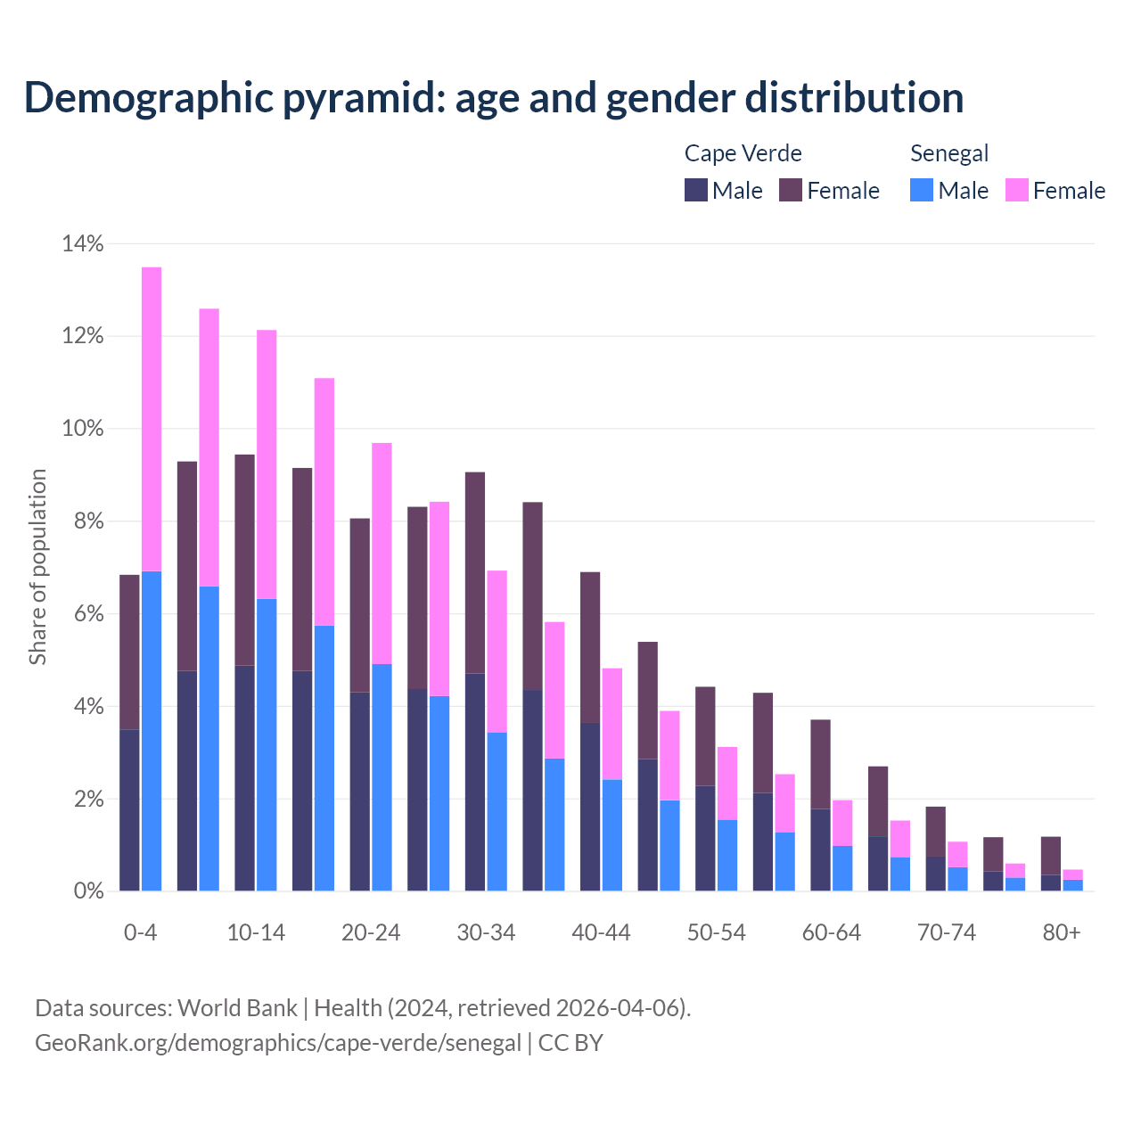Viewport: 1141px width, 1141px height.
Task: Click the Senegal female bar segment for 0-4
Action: [x=152, y=419]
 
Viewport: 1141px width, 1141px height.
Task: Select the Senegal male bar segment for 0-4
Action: [x=152, y=731]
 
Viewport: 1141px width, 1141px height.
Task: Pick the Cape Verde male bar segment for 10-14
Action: [x=244, y=777]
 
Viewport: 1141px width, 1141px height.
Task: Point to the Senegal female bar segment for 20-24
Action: [x=382, y=553]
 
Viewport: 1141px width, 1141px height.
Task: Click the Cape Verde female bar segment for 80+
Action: [x=1051, y=856]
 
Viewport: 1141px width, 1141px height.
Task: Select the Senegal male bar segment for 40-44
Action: [x=612, y=834]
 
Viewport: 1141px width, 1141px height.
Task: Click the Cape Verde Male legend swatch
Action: [x=696, y=190]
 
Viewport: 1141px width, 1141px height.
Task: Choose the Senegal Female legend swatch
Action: [x=1017, y=190]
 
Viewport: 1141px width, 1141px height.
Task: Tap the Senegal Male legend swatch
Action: [x=922, y=190]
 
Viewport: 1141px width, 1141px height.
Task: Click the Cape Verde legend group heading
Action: [x=743, y=153]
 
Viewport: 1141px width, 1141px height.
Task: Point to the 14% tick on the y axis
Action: [x=83, y=243]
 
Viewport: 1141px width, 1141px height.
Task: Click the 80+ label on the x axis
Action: [x=1062, y=932]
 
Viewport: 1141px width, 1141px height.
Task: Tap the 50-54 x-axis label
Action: [x=717, y=932]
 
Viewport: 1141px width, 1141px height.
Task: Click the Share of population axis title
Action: [x=37, y=567]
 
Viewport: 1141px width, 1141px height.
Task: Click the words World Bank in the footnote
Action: [x=237, y=1008]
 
